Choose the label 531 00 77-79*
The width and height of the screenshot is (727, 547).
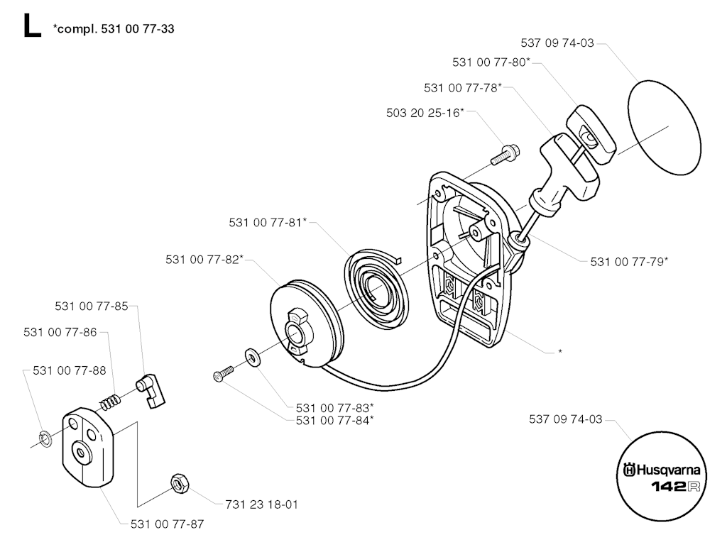(629, 261)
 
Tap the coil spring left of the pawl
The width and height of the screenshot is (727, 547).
(109, 402)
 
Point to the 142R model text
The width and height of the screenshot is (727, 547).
(675, 487)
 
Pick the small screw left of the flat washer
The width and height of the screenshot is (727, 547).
(223, 373)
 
